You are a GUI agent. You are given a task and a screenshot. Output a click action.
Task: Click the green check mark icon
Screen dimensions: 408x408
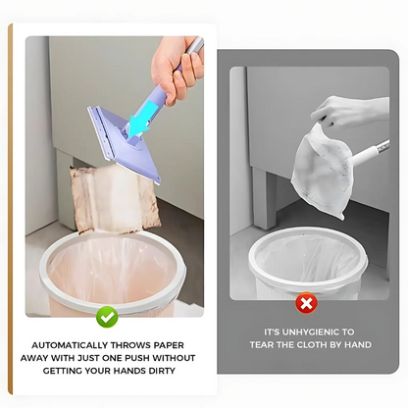[x=108, y=316]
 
